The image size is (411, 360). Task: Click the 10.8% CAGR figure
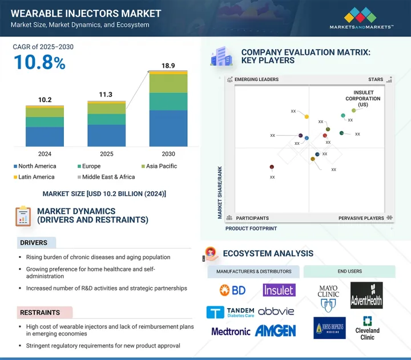(39, 62)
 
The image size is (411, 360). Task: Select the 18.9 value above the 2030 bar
(168, 66)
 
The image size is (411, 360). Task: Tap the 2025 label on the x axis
(106, 154)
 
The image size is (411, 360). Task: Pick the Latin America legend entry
(34, 177)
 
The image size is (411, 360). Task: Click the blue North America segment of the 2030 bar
(168, 128)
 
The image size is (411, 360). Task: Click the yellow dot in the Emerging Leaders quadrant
(307, 117)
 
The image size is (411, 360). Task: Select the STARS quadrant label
(376, 80)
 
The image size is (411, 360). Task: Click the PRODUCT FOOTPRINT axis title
(251, 228)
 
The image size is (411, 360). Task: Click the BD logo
(232, 290)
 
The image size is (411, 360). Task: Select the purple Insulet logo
(279, 290)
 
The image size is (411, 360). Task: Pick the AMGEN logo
(276, 331)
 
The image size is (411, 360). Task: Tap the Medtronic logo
(231, 331)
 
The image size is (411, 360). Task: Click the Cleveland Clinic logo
(367, 327)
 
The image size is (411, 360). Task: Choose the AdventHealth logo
(366, 294)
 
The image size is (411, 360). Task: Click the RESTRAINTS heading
(41, 313)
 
